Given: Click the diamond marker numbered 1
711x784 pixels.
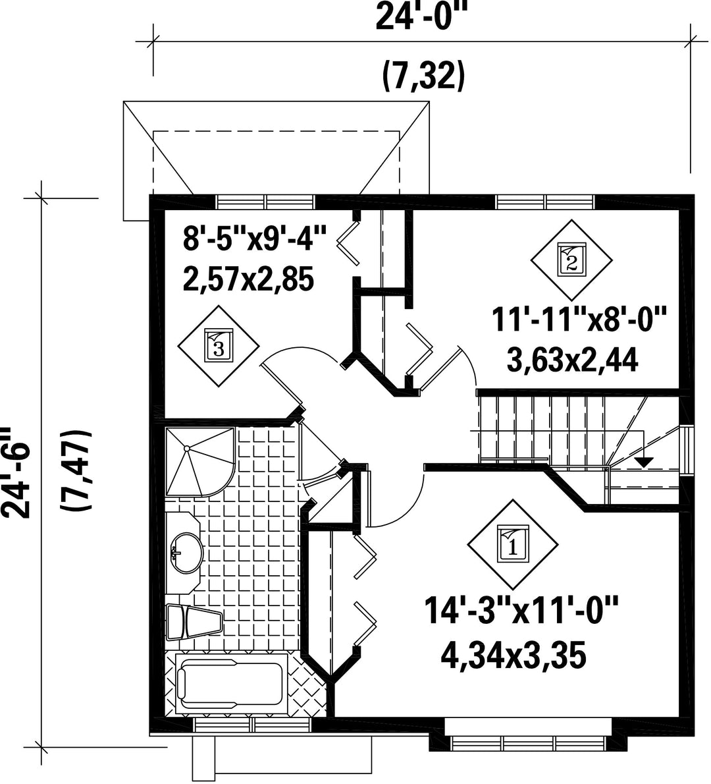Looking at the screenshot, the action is click(x=513, y=544).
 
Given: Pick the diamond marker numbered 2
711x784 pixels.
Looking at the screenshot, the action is click(x=571, y=259).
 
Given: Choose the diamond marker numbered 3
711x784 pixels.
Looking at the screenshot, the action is click(x=219, y=345).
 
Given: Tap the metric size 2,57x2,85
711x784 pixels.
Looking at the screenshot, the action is click(x=248, y=279).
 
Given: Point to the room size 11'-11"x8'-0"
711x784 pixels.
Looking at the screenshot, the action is click(x=579, y=320).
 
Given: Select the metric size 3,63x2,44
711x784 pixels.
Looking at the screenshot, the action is click(x=572, y=360).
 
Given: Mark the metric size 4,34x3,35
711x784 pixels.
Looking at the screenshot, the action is click(x=513, y=656).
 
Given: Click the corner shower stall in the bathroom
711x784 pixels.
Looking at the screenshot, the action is click(x=200, y=461).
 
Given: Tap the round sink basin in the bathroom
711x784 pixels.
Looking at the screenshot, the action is click(x=187, y=553).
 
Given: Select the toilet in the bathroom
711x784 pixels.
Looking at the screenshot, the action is click(x=194, y=621).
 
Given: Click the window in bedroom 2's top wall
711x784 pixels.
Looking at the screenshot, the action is click(x=546, y=202).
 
